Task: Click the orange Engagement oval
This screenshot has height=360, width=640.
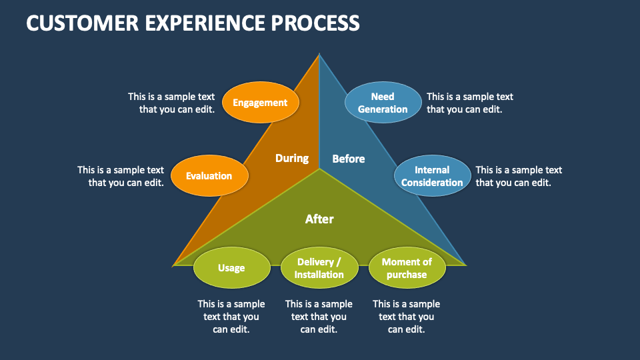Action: coord(260,103)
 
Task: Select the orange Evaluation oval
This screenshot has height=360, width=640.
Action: coord(209,176)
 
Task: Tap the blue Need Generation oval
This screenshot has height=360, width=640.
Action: coord(383,103)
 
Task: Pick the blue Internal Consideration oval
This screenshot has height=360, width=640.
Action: coord(432,176)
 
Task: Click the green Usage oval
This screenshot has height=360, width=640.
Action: coord(231,268)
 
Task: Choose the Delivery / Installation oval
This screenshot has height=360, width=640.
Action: coord(319,268)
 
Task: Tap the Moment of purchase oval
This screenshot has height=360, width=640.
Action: coord(407,268)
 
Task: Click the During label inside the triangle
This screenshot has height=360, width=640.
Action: coord(292,158)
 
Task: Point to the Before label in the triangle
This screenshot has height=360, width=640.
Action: coord(349,159)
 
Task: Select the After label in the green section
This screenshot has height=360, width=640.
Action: coord(319,219)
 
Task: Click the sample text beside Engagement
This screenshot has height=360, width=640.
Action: coord(172,103)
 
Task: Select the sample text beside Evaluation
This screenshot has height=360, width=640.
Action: coord(121,177)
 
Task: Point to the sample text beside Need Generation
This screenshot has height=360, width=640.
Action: coord(469,103)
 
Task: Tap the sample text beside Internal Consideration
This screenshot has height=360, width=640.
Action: coord(519,177)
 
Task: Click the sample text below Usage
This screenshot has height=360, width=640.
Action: coord(231,317)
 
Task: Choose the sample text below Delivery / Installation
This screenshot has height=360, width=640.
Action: coord(319,317)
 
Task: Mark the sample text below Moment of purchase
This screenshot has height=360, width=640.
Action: coord(407,317)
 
